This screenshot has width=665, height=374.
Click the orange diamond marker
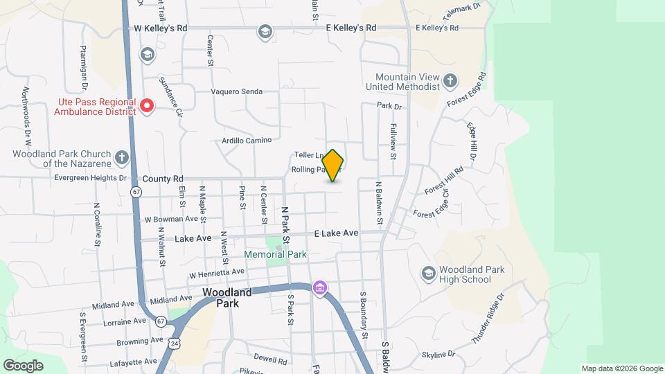coord(333,166)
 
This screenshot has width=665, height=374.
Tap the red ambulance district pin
coord(147,106)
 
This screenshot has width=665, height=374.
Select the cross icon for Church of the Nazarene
coord(122,157)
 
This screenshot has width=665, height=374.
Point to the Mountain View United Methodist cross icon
coord(450,81)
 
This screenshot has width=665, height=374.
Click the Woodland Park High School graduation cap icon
coord(428,274)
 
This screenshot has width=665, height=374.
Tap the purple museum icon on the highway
coord(319,287)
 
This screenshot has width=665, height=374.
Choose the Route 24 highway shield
coord(174,342)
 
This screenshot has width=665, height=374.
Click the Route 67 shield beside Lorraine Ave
coord(161,321)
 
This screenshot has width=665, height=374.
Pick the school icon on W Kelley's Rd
coord(265,31)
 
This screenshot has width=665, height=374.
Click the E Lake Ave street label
coord(336,233)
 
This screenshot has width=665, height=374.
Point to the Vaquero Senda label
coord(237,91)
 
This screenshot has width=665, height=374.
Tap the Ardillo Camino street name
coord(238,140)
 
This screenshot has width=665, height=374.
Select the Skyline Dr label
coord(438,354)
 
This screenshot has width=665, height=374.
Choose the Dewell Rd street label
coord(270,360)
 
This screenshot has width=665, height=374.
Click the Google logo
coord(23,365)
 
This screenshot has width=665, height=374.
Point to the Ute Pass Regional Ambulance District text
coord(96,106)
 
